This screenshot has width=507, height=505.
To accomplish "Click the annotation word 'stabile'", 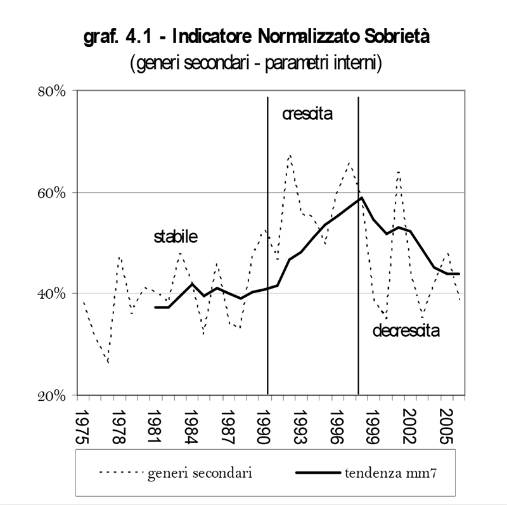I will click(176, 237).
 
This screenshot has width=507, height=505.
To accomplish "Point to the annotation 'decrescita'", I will click(406, 331).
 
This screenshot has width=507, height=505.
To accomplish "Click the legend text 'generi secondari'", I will click(200, 473).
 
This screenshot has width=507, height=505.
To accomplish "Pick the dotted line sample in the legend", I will click(120, 473).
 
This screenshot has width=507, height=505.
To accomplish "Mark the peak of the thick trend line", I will click(361, 197).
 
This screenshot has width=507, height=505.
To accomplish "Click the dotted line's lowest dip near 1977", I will click(108, 362).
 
